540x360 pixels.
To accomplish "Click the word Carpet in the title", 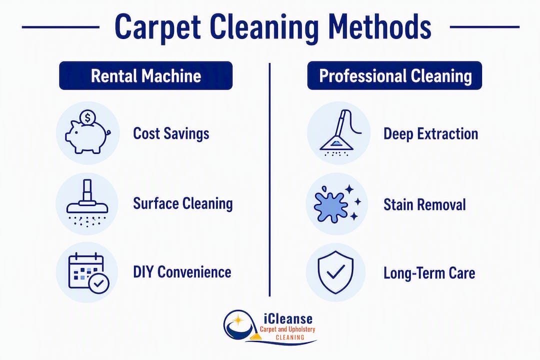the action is [x=157, y=27].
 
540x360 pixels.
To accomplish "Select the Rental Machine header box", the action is [x=145, y=75].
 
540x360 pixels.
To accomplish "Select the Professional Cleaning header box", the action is [x=394, y=75].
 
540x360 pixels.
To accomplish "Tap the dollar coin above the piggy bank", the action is [x=87, y=118].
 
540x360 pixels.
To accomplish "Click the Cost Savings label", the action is [x=171, y=133].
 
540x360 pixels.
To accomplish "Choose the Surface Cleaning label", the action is [x=183, y=203].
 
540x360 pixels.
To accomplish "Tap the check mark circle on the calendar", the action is [x=99, y=283].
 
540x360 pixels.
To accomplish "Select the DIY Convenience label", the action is [x=182, y=272].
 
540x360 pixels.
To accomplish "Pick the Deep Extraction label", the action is [x=431, y=134].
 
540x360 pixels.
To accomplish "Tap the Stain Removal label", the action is [x=424, y=204].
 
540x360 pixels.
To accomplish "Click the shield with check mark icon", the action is [x=336, y=272].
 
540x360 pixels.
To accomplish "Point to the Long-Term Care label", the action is [x=429, y=273].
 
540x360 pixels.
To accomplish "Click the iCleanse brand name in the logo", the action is [x=288, y=318].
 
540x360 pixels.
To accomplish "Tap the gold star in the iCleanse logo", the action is [x=237, y=320].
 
